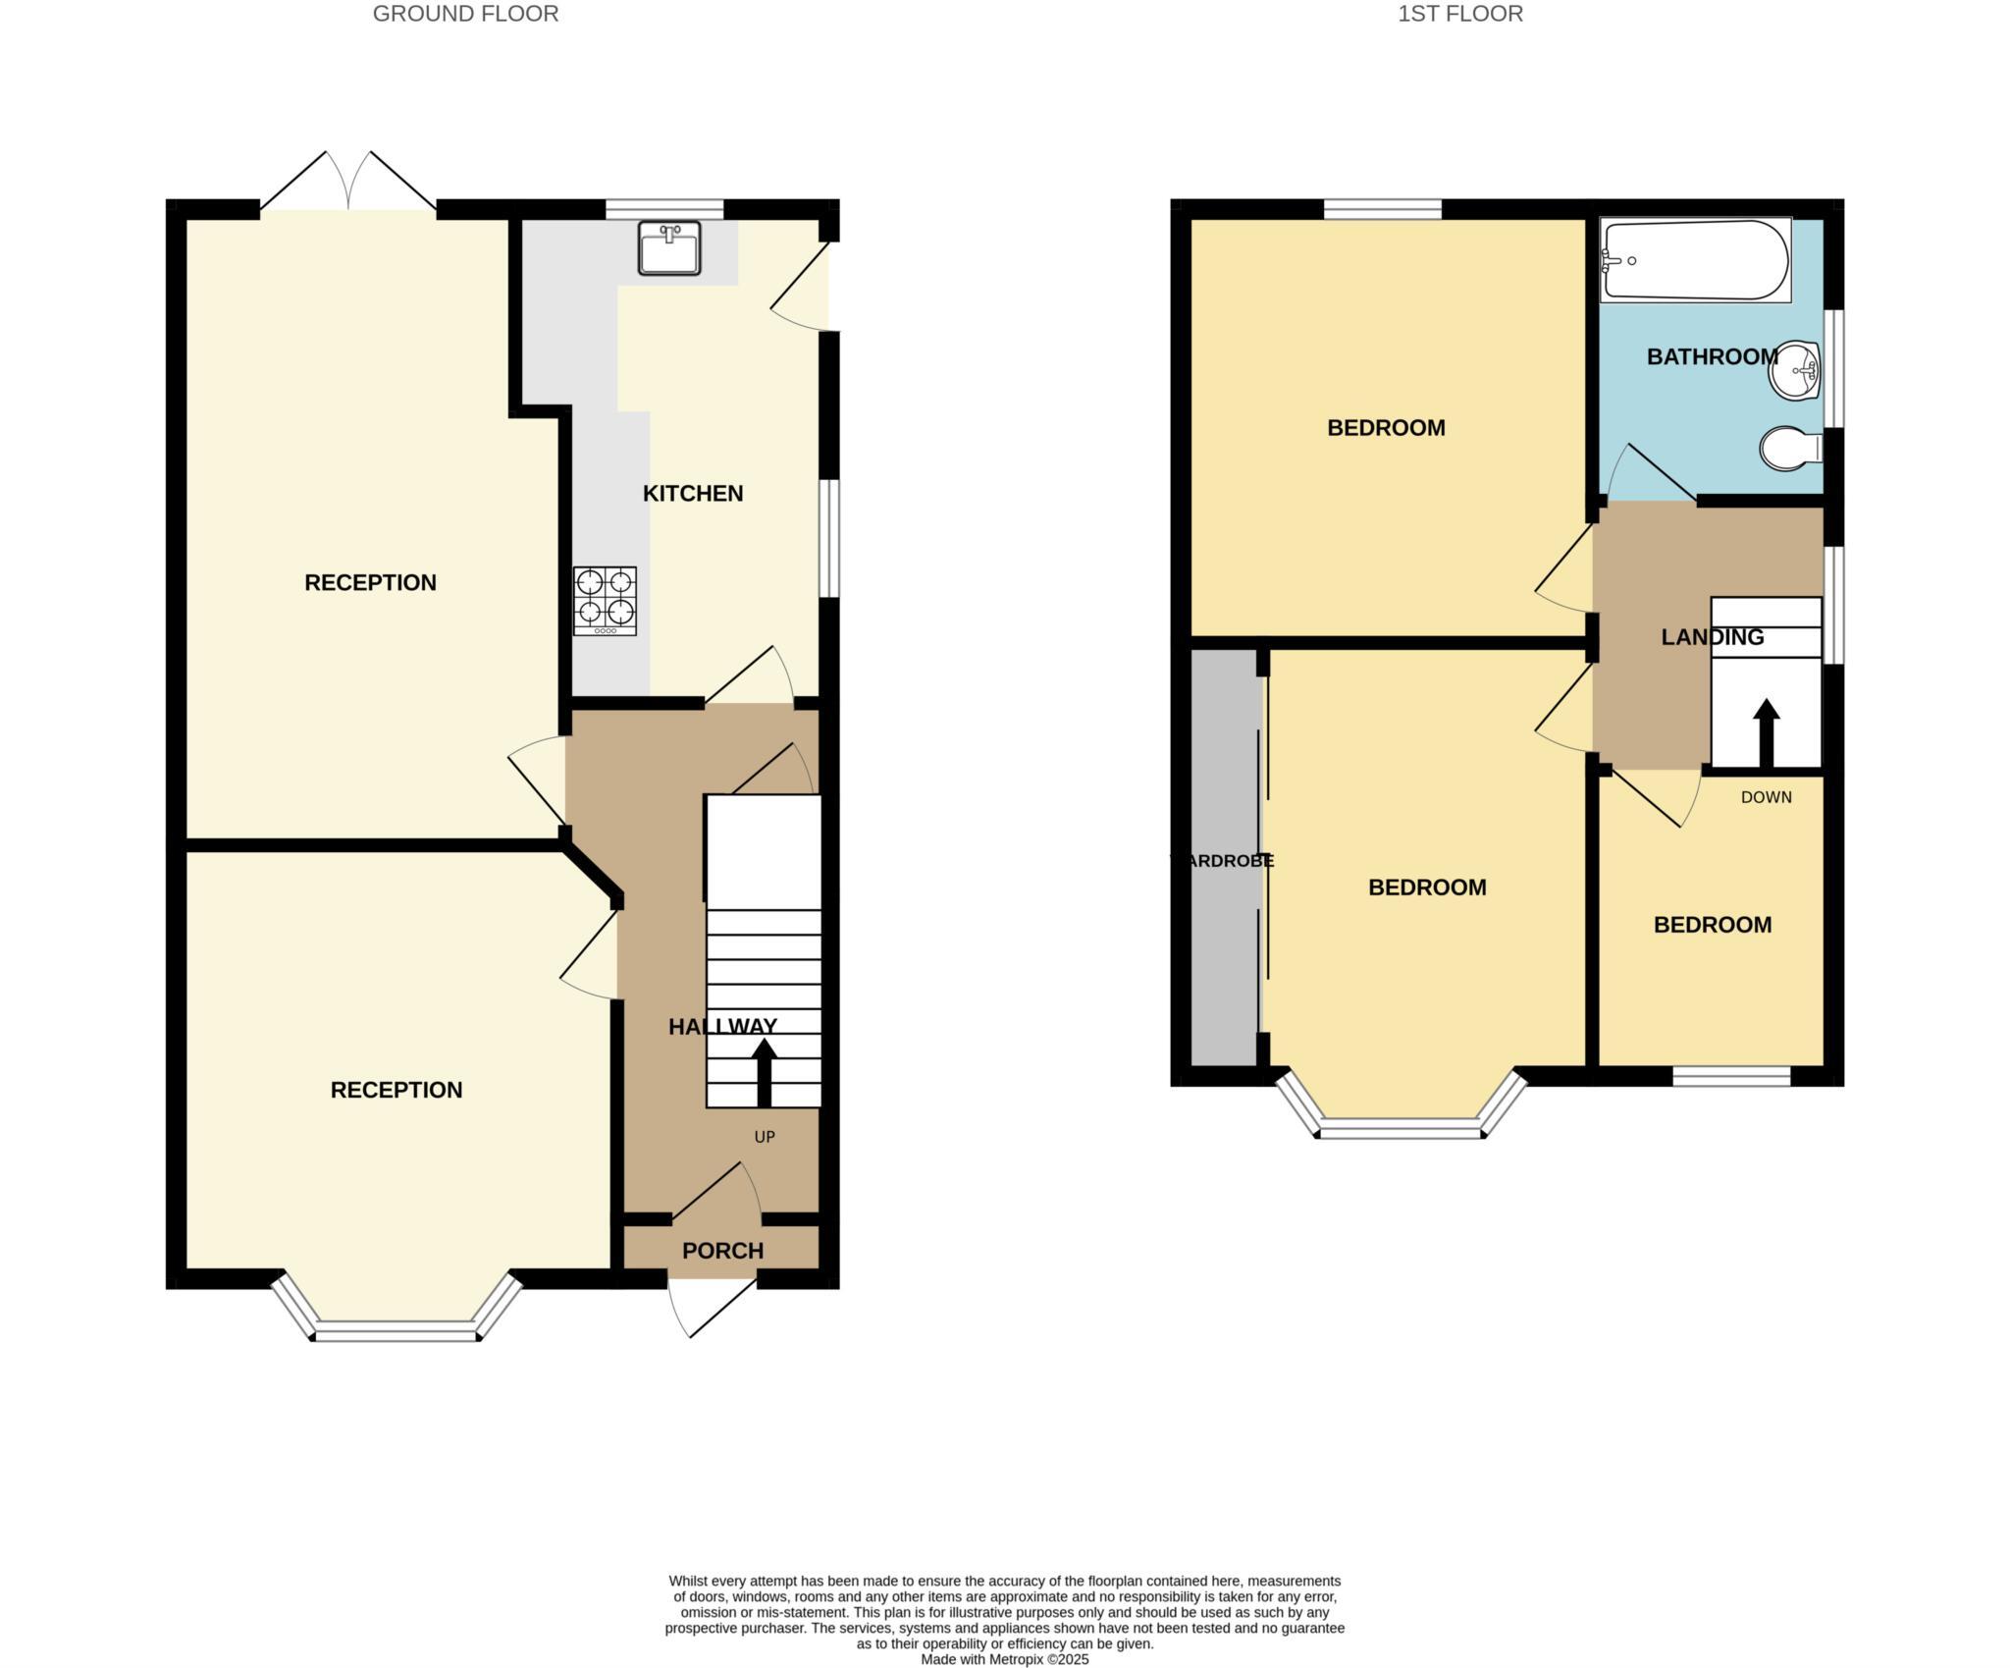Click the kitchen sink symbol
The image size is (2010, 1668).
tap(668, 247)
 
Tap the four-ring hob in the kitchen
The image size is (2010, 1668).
tap(605, 600)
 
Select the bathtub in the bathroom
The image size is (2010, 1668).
tap(1695, 260)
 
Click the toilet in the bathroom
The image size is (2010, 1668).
tap(1789, 449)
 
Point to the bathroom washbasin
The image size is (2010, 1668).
tap(1795, 370)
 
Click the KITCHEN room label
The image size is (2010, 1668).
tap(693, 493)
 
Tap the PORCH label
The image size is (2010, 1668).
tap(722, 1251)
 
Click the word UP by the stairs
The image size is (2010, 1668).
tap(765, 1137)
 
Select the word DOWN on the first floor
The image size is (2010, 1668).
tap(1766, 797)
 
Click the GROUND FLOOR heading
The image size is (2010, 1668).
tap(465, 14)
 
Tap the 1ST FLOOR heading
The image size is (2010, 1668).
tap(1460, 14)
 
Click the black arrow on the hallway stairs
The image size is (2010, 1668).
tap(764, 1073)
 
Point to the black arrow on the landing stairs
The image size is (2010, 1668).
tap(1766, 731)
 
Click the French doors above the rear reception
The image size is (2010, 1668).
tap(348, 185)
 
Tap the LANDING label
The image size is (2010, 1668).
tap(1712, 637)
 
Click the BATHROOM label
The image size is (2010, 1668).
tap(1712, 356)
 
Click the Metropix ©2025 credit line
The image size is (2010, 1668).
tap(1004, 1660)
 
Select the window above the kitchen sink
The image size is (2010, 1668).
tap(664, 208)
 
